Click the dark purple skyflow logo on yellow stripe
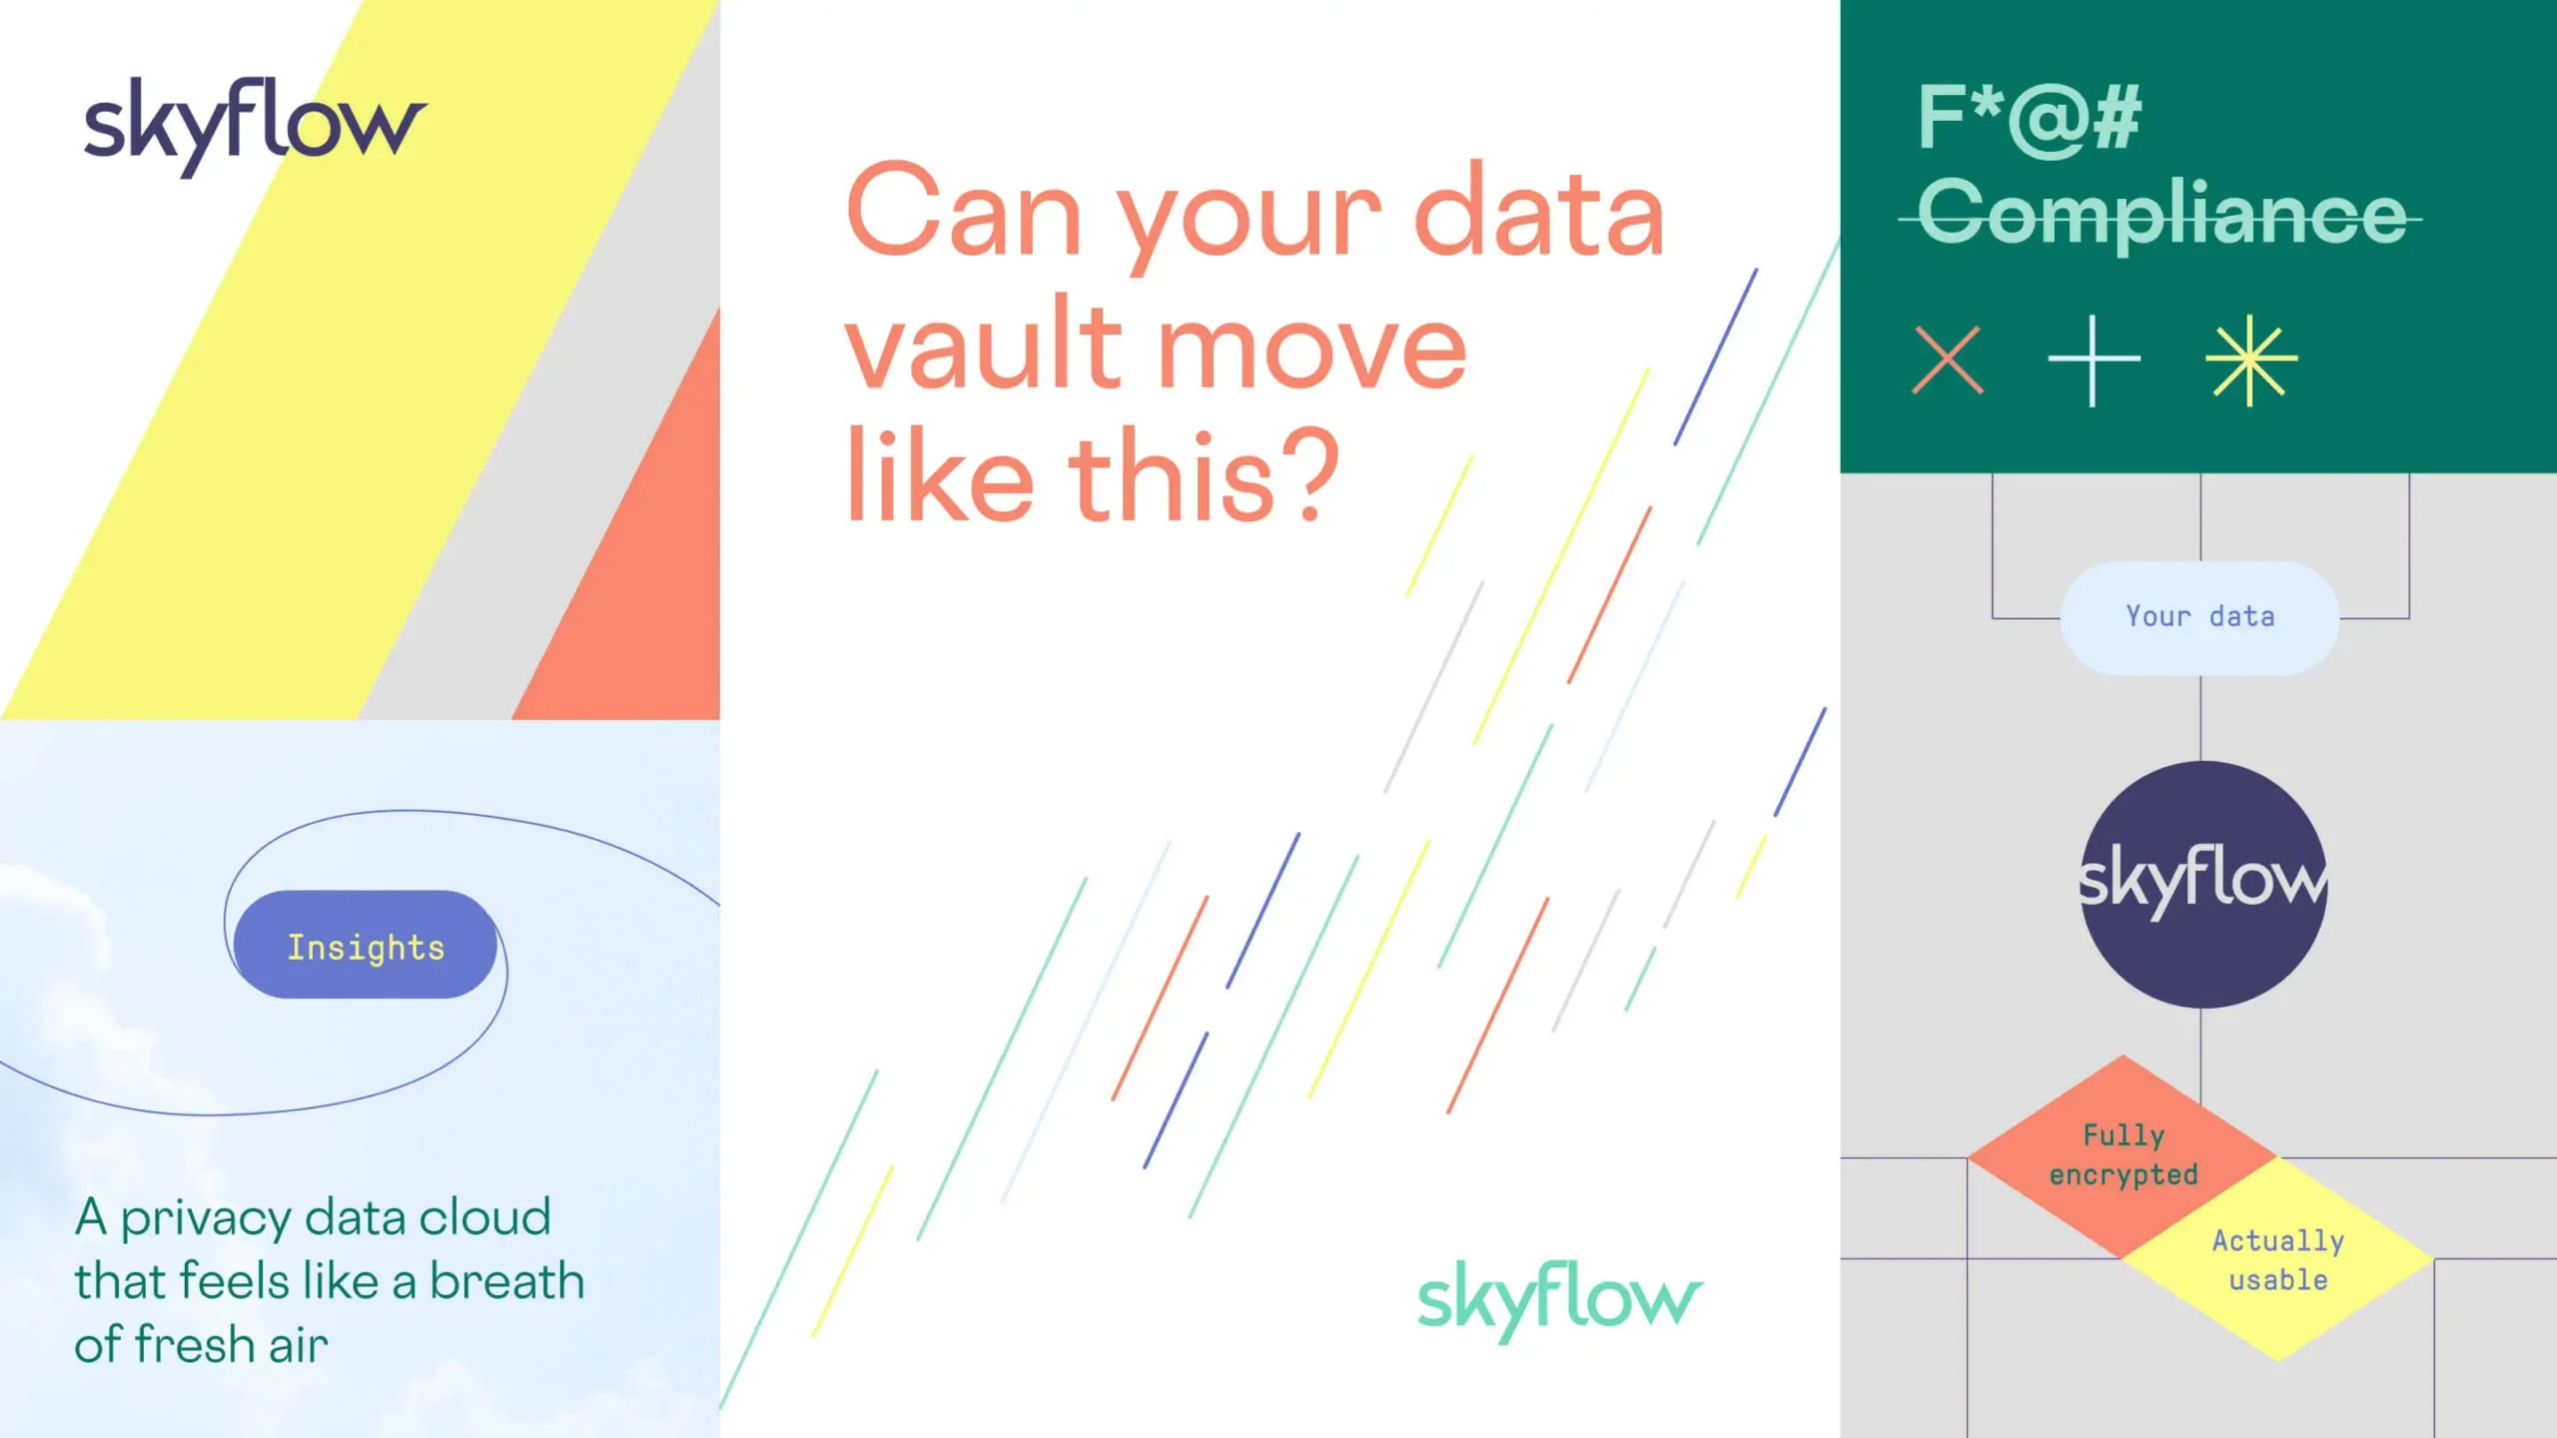click(x=256, y=126)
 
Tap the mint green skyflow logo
click(x=1560, y=1300)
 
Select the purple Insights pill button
click(x=366, y=945)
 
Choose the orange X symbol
click(x=1948, y=359)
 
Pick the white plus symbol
click(x=2094, y=360)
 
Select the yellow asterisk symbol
click(x=2251, y=360)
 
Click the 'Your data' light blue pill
click(x=2199, y=618)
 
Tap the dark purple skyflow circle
click(x=2203, y=885)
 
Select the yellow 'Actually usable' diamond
click(x=2278, y=1259)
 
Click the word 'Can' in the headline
click(x=965, y=211)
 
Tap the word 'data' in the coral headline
click(x=1539, y=209)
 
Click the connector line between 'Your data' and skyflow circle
click(x=2200, y=718)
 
